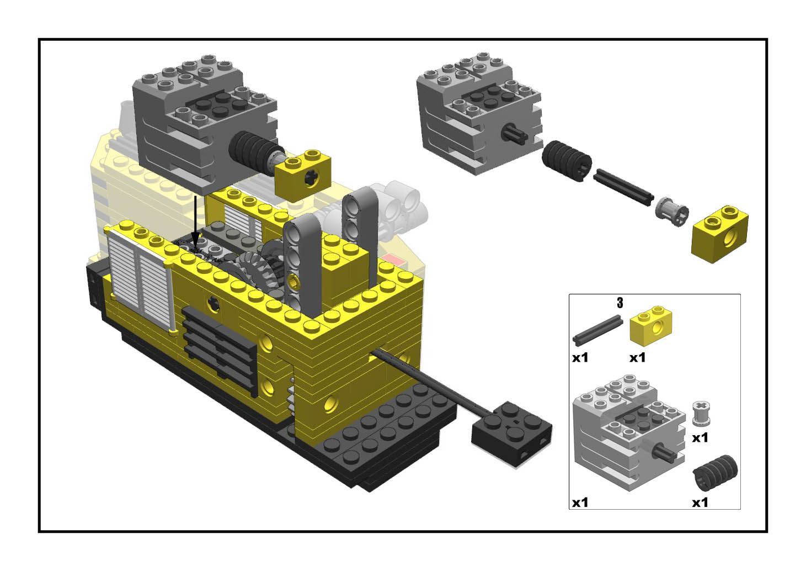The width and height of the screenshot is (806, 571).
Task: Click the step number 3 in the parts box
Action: coord(620,303)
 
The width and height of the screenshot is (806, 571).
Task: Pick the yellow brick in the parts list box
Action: coord(651,326)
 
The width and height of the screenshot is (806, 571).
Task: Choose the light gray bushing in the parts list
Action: coord(701,414)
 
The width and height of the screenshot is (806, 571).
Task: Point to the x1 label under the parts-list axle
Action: coord(580,358)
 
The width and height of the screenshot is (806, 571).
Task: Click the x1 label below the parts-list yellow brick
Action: coord(637,358)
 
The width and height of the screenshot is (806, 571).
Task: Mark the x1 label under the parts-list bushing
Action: coord(700,438)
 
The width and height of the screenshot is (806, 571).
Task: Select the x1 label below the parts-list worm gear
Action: coord(700,503)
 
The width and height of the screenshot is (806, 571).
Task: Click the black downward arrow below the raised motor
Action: coord(195,221)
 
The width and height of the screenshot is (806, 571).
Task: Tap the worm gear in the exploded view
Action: coord(567,160)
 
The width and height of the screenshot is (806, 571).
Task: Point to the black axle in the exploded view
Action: coord(623,187)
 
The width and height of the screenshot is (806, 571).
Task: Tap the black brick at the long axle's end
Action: coord(512,431)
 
